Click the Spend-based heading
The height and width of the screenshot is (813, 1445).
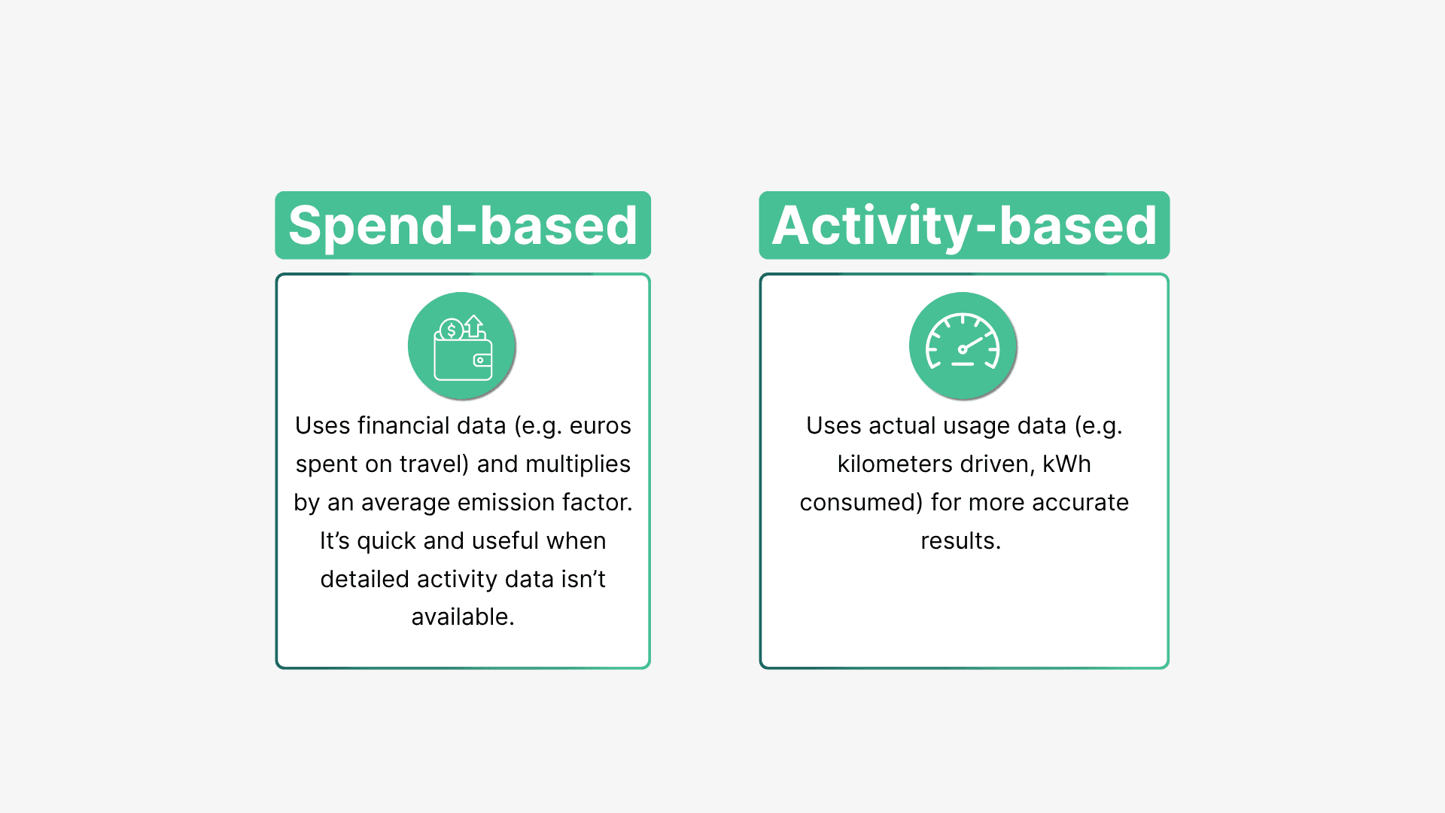463,225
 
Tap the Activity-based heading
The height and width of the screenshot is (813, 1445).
964,225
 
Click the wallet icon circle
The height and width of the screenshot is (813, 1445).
462,346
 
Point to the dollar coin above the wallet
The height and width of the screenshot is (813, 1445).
451,330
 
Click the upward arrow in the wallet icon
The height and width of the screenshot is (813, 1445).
473,325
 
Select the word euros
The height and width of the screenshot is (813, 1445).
600,426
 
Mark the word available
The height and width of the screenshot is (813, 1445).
463,617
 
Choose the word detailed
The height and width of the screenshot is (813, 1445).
364,579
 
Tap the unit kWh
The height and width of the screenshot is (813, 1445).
1066,464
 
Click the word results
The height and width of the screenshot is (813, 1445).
960,540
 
